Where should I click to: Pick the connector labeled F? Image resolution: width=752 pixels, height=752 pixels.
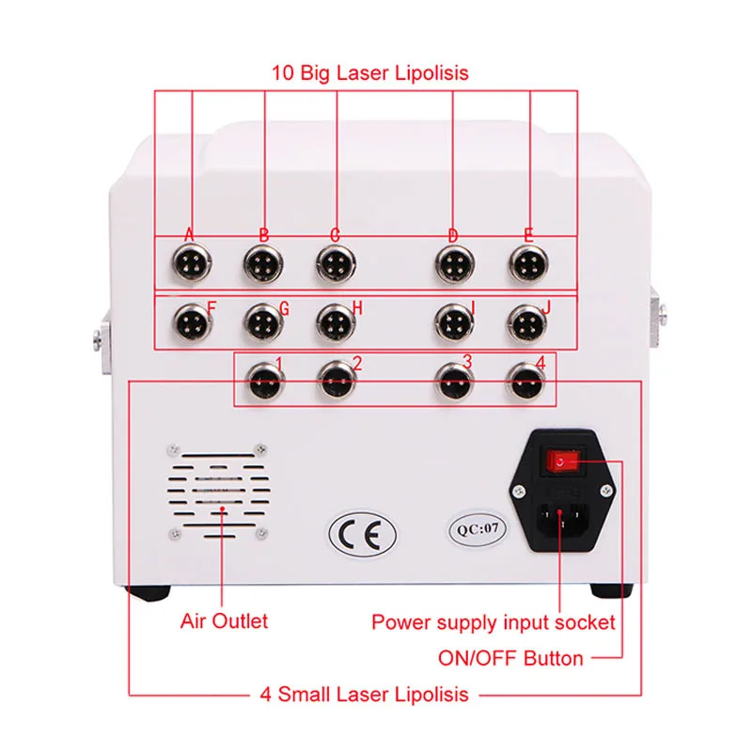(x=192, y=324)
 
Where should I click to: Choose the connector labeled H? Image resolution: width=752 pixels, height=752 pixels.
(x=334, y=324)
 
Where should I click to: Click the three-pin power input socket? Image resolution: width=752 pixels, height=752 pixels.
(x=562, y=520)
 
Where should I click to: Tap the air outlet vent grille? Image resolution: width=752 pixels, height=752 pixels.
(x=220, y=493)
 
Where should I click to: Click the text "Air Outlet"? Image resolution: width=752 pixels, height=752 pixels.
(x=224, y=621)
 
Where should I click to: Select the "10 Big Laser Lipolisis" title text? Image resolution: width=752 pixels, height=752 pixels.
(x=370, y=72)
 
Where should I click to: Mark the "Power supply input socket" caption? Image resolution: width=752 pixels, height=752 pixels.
(x=493, y=622)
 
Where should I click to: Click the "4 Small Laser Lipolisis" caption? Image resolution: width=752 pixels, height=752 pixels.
(x=363, y=696)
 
